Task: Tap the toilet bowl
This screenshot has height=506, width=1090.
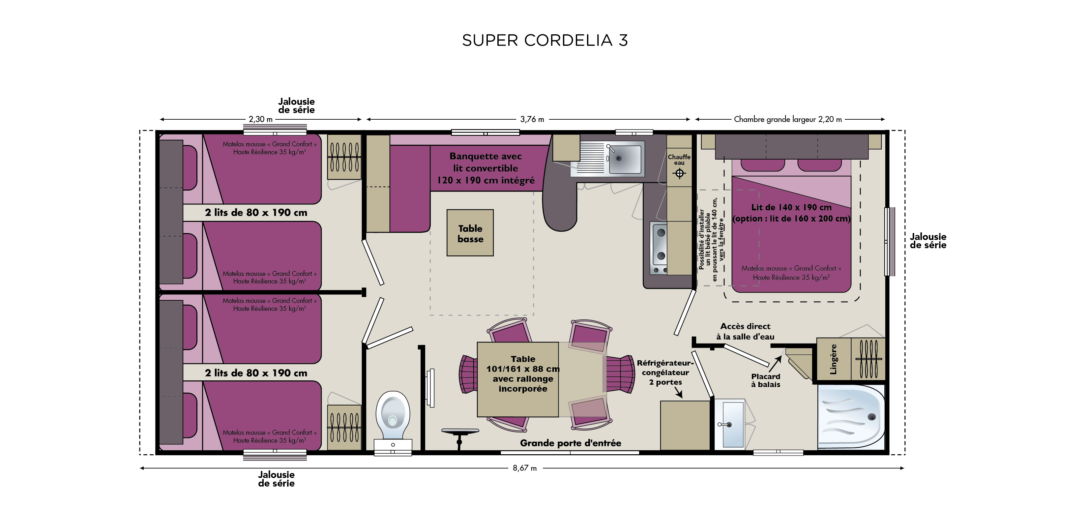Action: pyautogui.click(x=393, y=412)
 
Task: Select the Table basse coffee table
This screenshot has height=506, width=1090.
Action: pyautogui.click(x=470, y=233)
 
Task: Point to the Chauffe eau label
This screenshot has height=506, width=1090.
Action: pyautogui.click(x=679, y=160)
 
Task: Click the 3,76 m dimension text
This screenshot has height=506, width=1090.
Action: pyautogui.click(x=532, y=119)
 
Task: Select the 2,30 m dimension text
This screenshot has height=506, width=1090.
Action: pyautogui.click(x=260, y=119)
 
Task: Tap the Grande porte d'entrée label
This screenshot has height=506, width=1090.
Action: pyautogui.click(x=571, y=443)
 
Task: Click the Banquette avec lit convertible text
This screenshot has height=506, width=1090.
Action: pyautogui.click(x=486, y=168)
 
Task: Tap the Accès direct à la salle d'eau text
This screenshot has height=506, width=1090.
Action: pyautogui.click(x=745, y=331)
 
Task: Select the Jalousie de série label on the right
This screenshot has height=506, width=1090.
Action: pyautogui.click(x=928, y=241)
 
